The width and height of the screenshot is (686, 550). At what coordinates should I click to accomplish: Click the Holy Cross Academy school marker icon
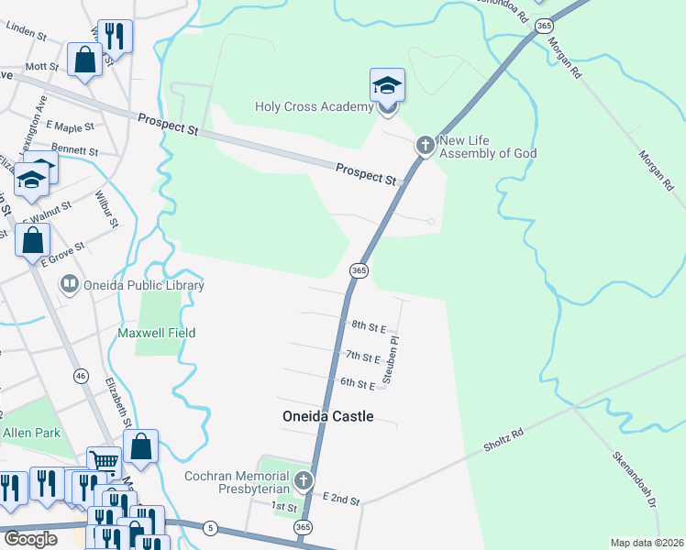click(387, 86)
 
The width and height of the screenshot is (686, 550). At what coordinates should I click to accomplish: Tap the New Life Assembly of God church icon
click(425, 145)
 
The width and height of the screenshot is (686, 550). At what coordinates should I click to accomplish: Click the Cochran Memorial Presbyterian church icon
click(303, 480)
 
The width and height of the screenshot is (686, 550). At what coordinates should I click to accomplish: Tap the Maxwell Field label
click(157, 332)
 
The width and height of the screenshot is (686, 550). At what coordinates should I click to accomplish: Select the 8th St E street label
click(370, 325)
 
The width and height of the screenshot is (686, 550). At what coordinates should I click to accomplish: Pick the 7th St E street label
click(362, 357)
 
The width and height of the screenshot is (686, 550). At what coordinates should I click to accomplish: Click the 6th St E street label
click(358, 383)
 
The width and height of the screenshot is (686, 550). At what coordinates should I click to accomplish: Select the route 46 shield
click(81, 376)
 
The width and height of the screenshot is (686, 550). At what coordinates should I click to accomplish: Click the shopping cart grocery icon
click(105, 461)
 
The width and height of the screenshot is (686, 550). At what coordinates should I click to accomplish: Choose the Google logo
click(30, 538)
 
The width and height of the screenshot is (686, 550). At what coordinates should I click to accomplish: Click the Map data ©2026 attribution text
click(647, 543)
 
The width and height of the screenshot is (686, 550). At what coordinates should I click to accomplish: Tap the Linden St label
click(26, 33)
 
